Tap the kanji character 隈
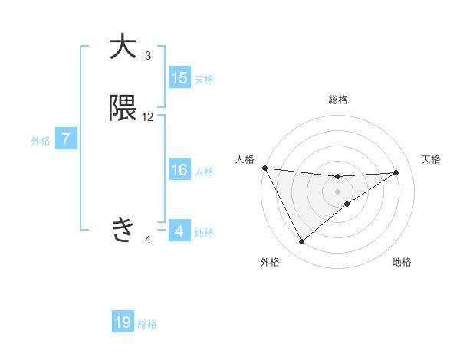coord(123,109)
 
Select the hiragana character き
coord(123,228)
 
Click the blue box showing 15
coord(179,78)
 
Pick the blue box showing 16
coord(179,171)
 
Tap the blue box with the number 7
coord(67,140)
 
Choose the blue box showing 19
coord(123,322)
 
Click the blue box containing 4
coord(179,231)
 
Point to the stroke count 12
coord(148,117)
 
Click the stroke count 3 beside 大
coord(148,55)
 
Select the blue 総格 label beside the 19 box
coord(147,324)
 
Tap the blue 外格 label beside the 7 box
coord(40,141)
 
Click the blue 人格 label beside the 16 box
coord(204,172)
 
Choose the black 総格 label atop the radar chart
coord(338,100)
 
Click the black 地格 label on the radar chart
coord(402,262)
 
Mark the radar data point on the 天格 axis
coord(396,172)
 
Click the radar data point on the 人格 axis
coord(264,168)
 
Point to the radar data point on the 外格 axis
coord(301,242)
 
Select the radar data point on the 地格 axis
coord(347,204)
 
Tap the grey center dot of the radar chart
coord(338,191)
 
